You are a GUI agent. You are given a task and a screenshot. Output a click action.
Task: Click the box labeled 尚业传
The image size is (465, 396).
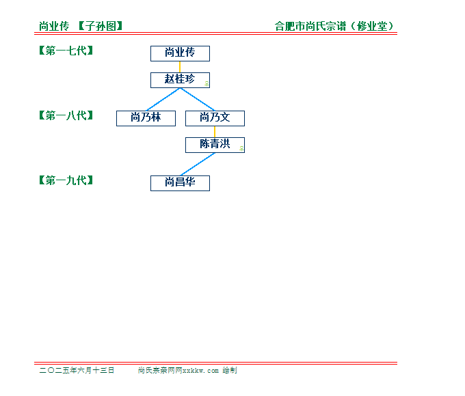pyautogui.click(x=180, y=54)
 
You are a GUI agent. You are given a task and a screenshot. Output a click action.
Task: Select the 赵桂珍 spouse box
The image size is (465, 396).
pyautogui.click(x=180, y=81)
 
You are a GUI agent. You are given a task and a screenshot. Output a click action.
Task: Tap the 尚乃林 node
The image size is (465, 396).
pyautogui.click(x=146, y=119)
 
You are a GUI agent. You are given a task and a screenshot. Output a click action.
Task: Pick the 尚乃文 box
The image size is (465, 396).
pyautogui.click(x=215, y=119)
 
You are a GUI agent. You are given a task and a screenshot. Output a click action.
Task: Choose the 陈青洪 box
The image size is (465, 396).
pyautogui.click(x=215, y=145)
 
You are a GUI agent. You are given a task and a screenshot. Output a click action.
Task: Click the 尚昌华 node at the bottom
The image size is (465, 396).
pyautogui.click(x=180, y=184)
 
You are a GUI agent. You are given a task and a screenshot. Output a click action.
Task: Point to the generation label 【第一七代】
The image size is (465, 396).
pyautogui.click(x=66, y=51)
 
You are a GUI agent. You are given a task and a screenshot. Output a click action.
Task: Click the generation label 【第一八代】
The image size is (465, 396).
pyautogui.click(x=66, y=115)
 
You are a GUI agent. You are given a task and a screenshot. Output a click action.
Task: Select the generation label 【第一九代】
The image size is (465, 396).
pyautogui.click(x=66, y=180)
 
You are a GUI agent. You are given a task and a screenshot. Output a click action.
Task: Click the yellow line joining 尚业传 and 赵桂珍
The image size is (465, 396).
pyautogui.click(x=180, y=67)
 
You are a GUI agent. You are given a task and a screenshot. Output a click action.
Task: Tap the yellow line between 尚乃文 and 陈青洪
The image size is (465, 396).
pyautogui.click(x=215, y=132)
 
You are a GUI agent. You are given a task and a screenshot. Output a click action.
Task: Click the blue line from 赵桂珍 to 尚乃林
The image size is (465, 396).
pyautogui.click(x=163, y=100)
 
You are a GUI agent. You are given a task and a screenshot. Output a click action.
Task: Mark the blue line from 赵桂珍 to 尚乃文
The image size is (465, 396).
pyautogui.click(x=198, y=100)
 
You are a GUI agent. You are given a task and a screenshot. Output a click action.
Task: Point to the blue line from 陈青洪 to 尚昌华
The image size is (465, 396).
pyautogui.click(x=198, y=165)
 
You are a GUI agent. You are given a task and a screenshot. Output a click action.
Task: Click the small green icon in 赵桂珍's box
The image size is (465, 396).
pyautogui.click(x=207, y=84)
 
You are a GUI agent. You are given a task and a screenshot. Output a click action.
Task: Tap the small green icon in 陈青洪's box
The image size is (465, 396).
pyautogui.click(x=242, y=149)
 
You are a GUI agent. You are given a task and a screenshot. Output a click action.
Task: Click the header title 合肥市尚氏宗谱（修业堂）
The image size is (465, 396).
pyautogui.click(x=334, y=27)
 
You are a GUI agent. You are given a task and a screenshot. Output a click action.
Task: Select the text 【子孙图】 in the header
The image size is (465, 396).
pyautogui.click(x=101, y=27)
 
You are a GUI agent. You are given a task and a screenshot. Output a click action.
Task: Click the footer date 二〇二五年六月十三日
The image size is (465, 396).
pyautogui.click(x=77, y=370)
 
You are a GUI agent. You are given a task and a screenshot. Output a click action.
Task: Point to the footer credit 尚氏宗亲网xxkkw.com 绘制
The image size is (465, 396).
pyautogui.click(x=187, y=370)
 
